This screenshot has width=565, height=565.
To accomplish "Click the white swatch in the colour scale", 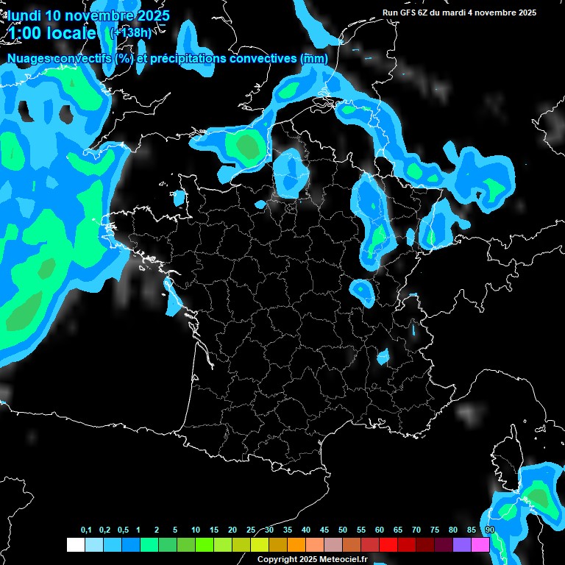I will click(x=75, y=544).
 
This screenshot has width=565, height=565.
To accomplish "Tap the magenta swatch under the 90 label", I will click(x=480, y=544).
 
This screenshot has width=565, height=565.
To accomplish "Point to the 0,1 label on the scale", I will click(x=86, y=530).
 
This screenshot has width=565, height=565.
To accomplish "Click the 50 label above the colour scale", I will click(x=343, y=530).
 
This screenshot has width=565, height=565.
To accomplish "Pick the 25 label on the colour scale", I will click(x=251, y=530).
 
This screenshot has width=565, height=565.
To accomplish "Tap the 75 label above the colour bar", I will click(x=435, y=530).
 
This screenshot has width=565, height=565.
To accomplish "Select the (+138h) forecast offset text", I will click(x=130, y=32).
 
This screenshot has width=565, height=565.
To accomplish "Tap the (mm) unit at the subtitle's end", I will click(x=314, y=59).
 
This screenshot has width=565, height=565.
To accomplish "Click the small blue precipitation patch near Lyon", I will click(x=383, y=357).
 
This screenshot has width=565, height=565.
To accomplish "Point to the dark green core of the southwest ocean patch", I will click(x=26, y=313).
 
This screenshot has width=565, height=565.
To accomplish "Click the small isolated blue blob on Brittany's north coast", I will click(x=179, y=197).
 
